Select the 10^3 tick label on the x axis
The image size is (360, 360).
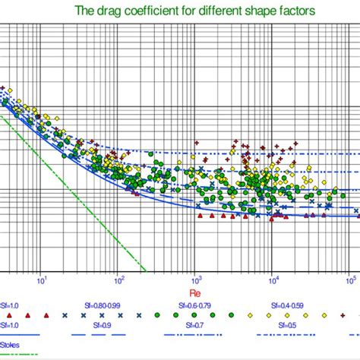coord(195,278)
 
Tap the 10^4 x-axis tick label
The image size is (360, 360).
coord(273,278)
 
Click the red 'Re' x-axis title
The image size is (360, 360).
coord(194,292)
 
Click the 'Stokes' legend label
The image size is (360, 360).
coord(10,344)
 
